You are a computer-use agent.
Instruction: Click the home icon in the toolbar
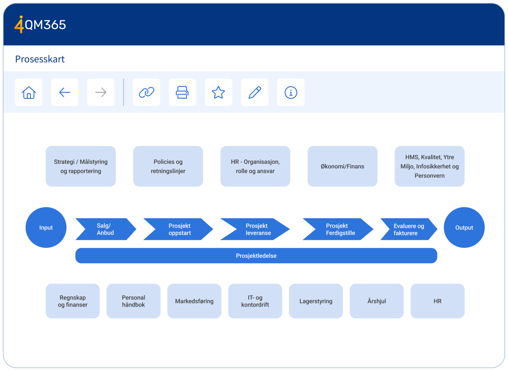[28, 93]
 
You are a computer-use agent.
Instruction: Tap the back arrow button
[64, 93]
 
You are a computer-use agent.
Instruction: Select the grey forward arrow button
[101, 93]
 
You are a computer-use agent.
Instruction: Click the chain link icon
[146, 93]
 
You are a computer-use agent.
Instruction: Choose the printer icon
[182, 93]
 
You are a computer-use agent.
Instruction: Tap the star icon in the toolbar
[218, 93]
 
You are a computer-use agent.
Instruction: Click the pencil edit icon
[255, 93]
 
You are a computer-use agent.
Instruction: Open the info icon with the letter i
[291, 93]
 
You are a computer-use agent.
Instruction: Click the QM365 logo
[40, 25]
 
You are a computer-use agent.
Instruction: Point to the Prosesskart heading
[40, 59]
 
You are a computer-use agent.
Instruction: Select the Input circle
[46, 228]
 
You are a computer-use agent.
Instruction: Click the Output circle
[464, 228]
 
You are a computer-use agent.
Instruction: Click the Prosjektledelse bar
[256, 256]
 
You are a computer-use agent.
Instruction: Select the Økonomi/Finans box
[342, 166]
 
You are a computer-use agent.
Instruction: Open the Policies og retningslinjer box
[168, 166]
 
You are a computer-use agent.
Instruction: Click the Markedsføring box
[195, 301]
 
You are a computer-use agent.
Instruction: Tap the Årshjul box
[377, 301]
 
